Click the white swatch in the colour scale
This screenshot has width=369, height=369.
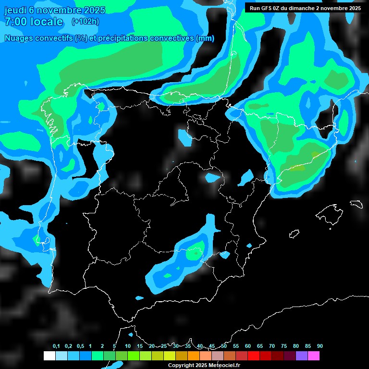click(x=49, y=356)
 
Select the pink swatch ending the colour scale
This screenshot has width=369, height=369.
click(x=314, y=356)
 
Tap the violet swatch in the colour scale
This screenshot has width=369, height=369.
click(x=302, y=356)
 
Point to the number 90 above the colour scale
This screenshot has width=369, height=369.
click(x=320, y=346)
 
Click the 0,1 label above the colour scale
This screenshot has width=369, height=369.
click(x=56, y=346)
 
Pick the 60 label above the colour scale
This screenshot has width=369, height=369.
click(x=248, y=346)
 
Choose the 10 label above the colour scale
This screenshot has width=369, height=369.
click(x=128, y=346)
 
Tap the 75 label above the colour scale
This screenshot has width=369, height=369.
click(x=284, y=346)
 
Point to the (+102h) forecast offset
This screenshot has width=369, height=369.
click(x=85, y=22)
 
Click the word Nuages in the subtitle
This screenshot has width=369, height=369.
click(x=19, y=38)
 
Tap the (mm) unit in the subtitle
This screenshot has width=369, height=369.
click(x=205, y=38)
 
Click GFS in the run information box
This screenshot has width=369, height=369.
click(x=267, y=8)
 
